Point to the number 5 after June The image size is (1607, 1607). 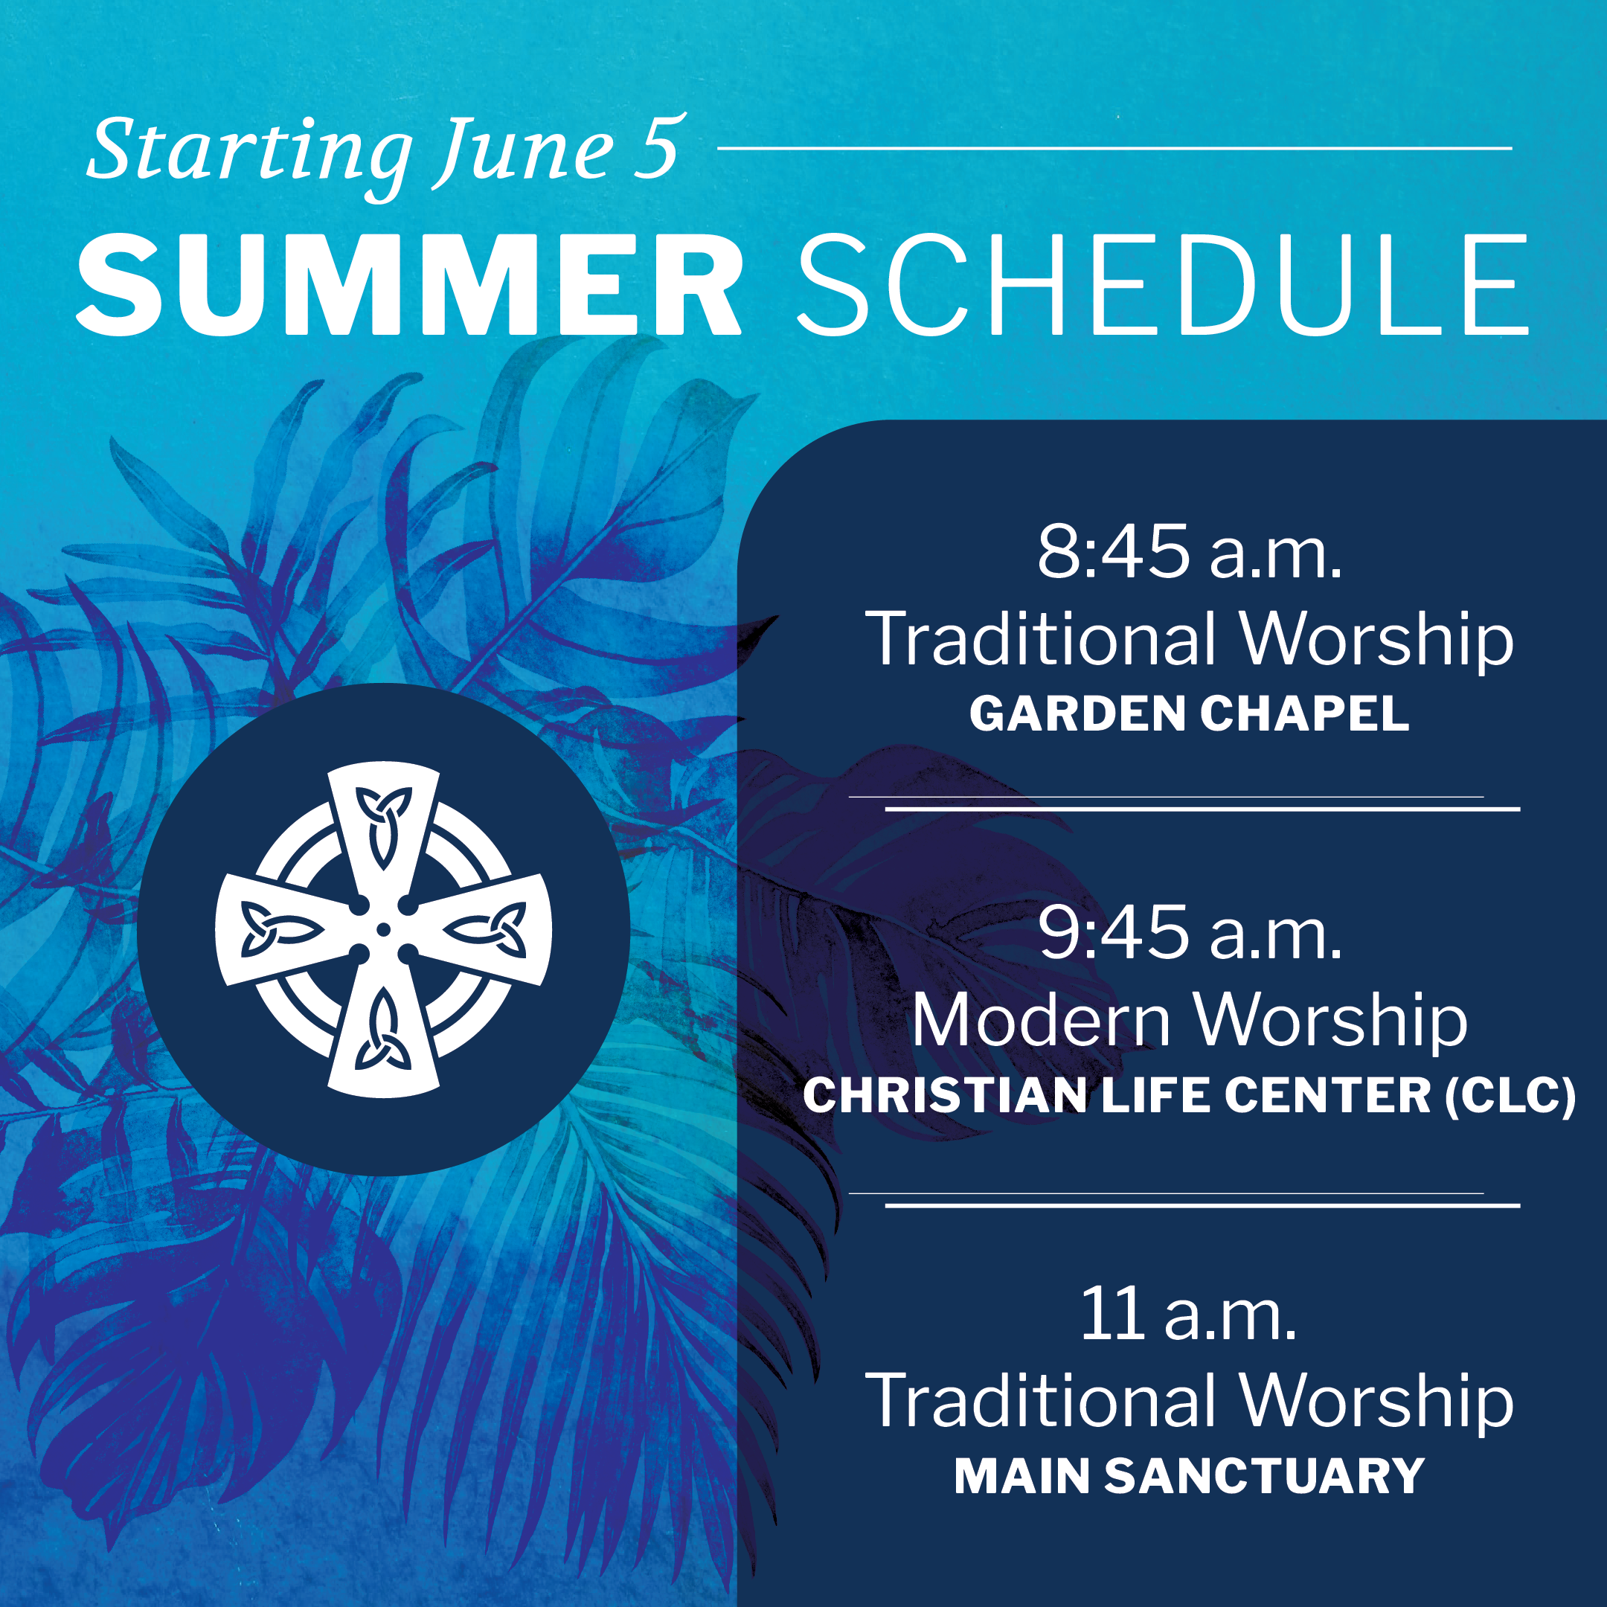[658, 147]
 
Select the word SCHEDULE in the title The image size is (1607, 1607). [1163, 284]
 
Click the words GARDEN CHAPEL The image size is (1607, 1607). [1190, 713]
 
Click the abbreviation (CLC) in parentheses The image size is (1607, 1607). [1510, 1095]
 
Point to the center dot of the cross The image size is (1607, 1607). [383, 929]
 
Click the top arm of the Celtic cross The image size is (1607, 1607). [383, 832]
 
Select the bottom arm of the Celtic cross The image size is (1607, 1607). [383, 1027]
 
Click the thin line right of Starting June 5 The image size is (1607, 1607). [1114, 148]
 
